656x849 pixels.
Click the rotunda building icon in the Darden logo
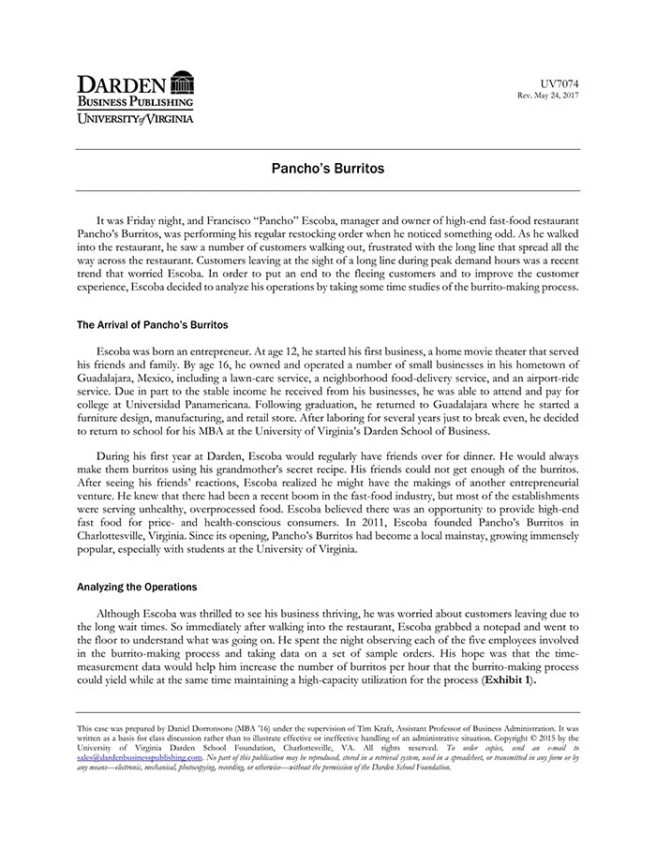182,81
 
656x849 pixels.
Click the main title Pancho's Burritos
327,171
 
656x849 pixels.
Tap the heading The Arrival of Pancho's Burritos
152,325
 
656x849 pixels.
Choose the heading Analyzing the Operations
137,587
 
